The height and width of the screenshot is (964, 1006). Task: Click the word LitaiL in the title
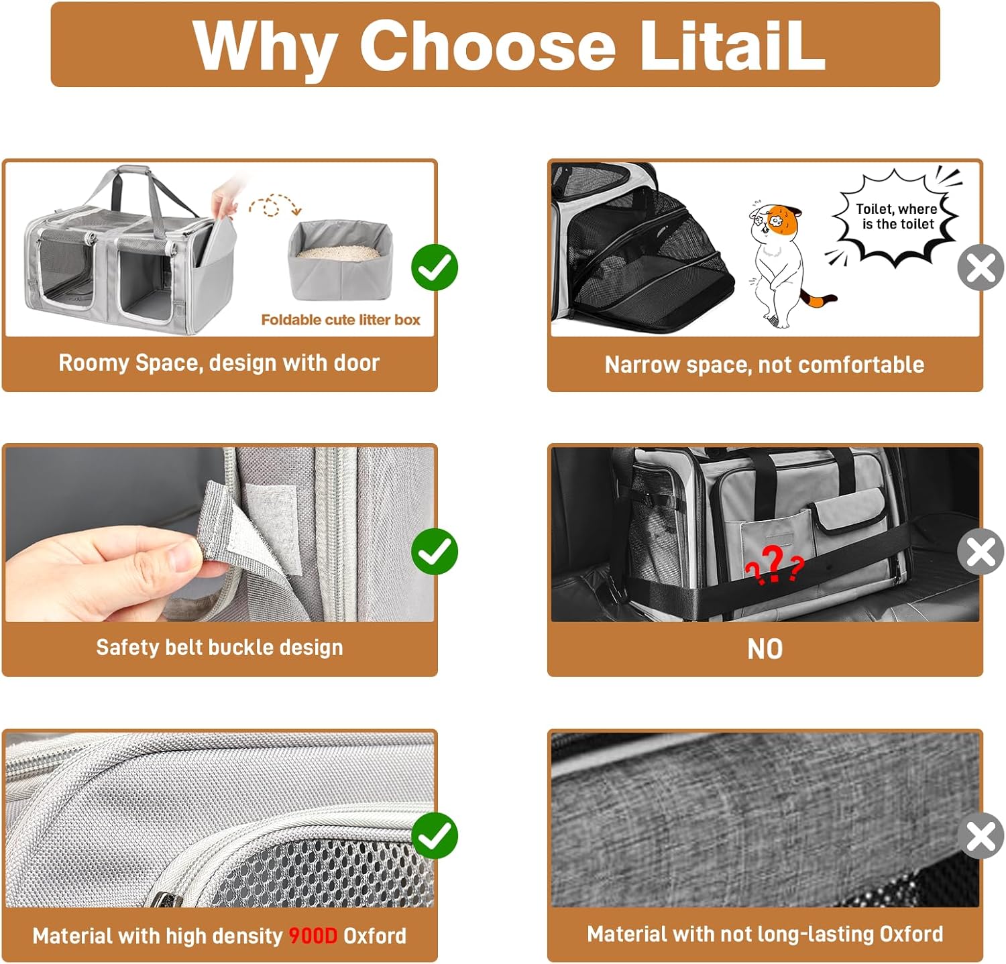click(x=732, y=45)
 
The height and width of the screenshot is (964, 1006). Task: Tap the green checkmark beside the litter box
click(x=435, y=267)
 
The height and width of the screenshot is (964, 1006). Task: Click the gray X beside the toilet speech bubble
click(x=981, y=267)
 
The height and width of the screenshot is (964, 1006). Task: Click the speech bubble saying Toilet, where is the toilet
click(x=896, y=216)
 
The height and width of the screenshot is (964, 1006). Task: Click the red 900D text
click(x=313, y=936)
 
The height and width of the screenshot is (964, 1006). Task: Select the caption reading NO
click(x=765, y=649)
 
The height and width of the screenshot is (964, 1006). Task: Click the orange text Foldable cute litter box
click(x=341, y=320)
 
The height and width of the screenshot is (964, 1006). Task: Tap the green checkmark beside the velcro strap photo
click(x=435, y=552)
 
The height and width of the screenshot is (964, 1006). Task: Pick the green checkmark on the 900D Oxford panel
click(x=435, y=835)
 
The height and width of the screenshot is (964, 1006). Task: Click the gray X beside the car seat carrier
click(x=981, y=552)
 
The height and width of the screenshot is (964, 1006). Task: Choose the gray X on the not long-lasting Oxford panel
click(x=981, y=835)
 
